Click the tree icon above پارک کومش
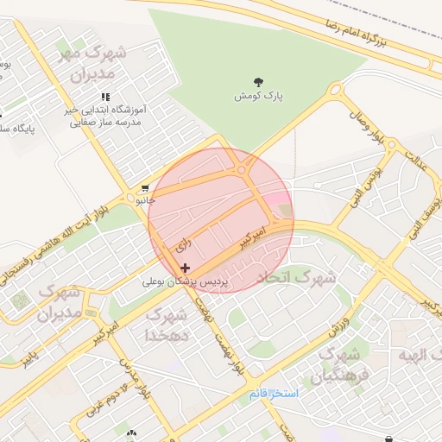[260, 80]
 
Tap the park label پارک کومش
[259, 95]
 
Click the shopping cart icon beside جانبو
[144, 187]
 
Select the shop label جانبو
[143, 199]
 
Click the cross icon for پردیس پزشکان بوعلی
[185, 268]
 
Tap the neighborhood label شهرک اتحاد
[296, 278]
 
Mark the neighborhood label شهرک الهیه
[413, 355]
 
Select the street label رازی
[183, 246]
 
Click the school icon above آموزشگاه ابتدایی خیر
[105, 97]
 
